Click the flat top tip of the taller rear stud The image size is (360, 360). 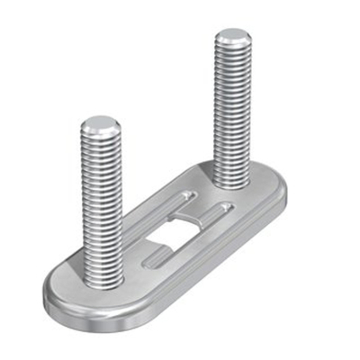pyautogui.click(x=232, y=36)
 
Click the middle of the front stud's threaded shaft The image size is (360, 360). pyautogui.click(x=101, y=202)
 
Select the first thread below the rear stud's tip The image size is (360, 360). pyautogui.click(x=232, y=50)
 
